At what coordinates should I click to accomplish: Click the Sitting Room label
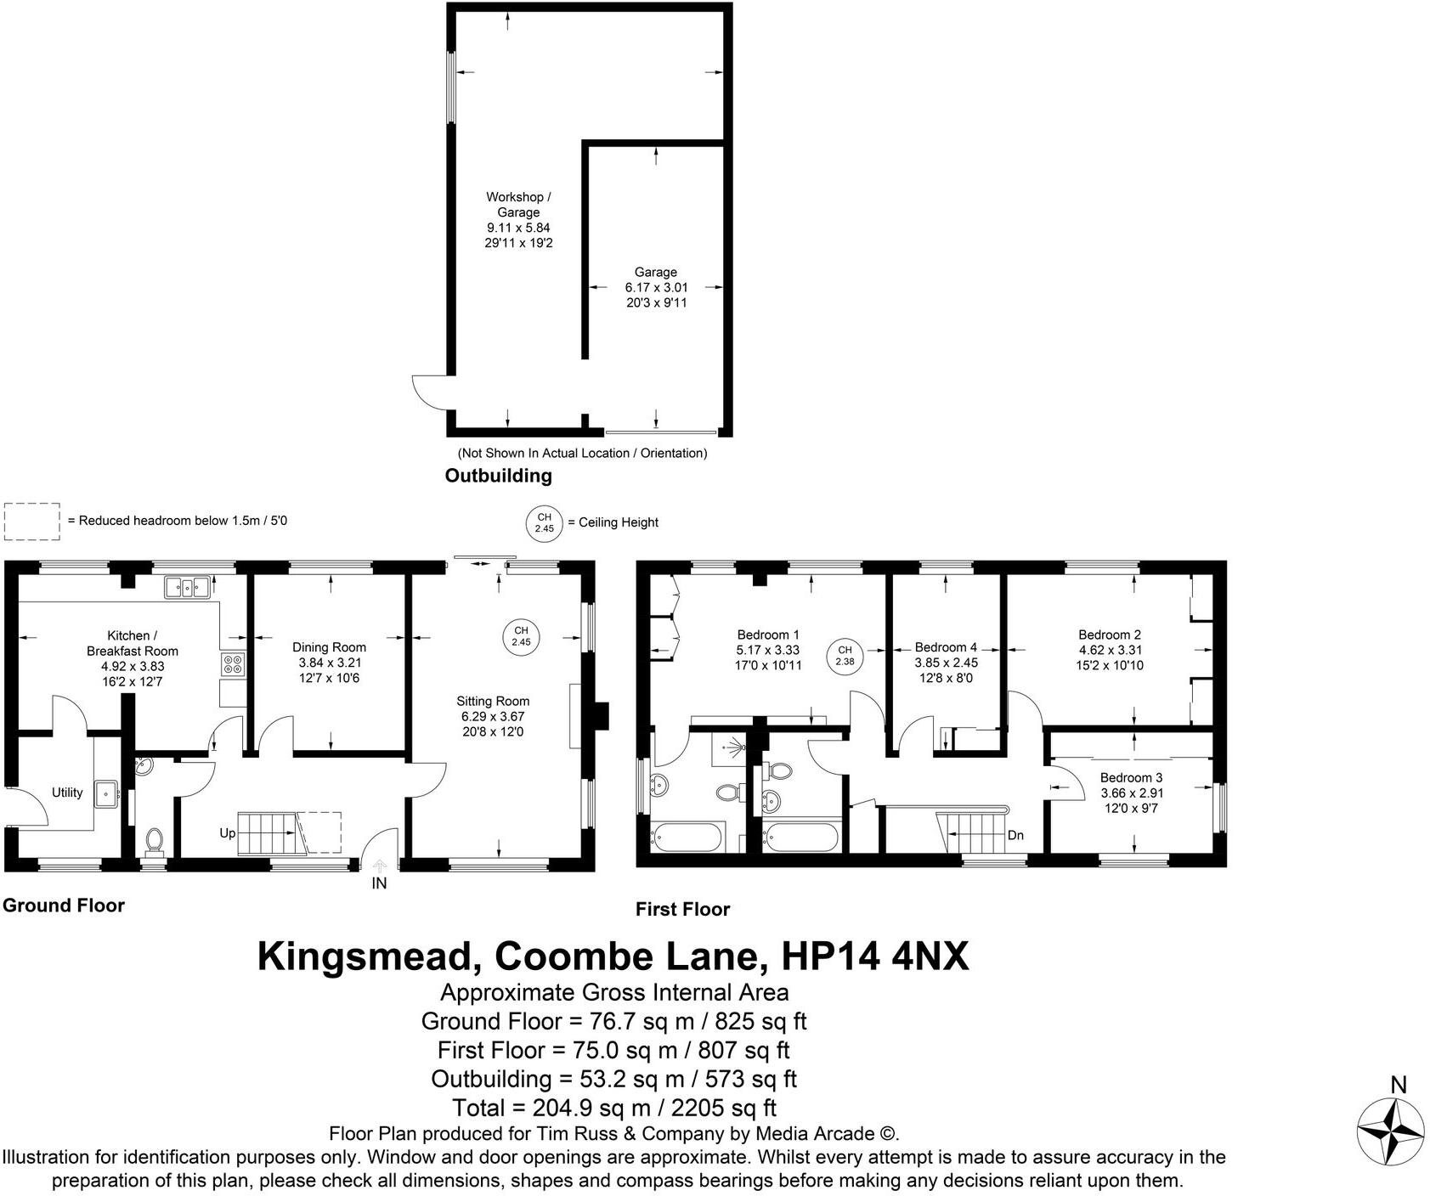click(492, 701)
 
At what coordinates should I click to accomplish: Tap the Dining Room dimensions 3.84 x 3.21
click(329, 663)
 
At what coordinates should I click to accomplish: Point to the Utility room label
click(67, 793)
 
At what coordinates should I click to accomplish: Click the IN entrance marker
click(379, 883)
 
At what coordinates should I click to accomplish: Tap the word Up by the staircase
click(227, 833)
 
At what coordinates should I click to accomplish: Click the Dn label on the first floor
click(1015, 835)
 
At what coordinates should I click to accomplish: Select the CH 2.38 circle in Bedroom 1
click(844, 656)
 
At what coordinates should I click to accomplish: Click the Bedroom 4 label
click(945, 647)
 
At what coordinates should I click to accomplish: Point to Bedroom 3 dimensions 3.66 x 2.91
click(1132, 793)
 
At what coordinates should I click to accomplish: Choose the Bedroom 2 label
click(1109, 635)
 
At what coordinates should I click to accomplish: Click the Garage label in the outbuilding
click(655, 272)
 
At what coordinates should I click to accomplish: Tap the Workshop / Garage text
click(518, 205)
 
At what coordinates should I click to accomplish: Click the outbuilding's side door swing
click(427, 392)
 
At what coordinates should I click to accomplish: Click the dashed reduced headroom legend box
click(32, 521)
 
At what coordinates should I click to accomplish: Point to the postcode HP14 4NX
click(874, 956)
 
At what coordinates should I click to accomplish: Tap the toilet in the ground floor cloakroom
click(154, 840)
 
